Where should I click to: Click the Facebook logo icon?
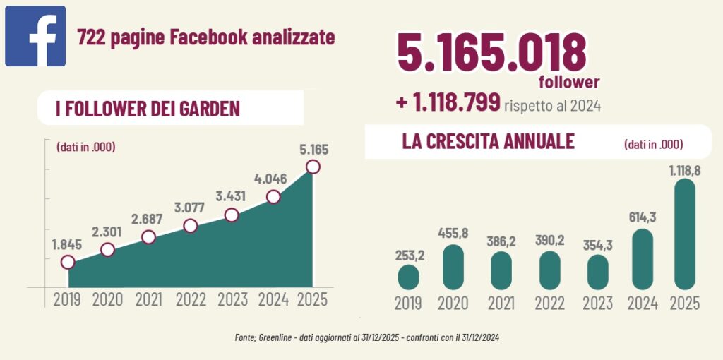(35, 36)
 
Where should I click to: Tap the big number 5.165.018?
(491, 52)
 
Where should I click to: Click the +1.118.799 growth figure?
(448, 102)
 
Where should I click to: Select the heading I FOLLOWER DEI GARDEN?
(148, 109)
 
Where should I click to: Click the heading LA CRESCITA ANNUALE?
(488, 141)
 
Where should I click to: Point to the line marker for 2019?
(67, 262)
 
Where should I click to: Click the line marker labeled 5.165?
(313, 167)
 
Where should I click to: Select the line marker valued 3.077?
(190, 226)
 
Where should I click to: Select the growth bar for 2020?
(453, 267)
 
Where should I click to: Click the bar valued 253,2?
(408, 277)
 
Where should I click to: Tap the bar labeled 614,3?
(642, 259)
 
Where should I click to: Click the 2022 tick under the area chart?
(190, 299)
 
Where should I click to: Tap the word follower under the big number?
(569, 83)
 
